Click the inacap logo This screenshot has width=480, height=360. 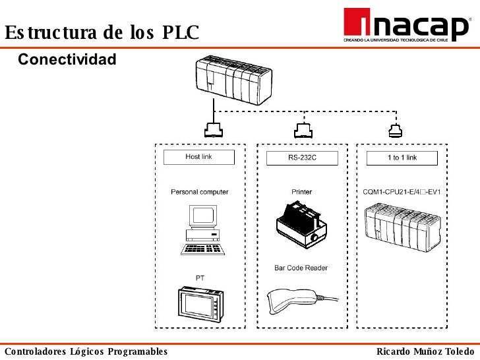point(406,26)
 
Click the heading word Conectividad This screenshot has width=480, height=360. point(67,60)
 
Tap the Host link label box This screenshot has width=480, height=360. point(198,157)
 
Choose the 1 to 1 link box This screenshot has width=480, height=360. point(402,158)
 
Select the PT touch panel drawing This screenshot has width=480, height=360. point(201,303)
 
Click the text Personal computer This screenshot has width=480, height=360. point(200,192)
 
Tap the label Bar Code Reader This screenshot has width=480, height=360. point(301,268)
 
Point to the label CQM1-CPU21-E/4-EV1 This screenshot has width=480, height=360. point(402,192)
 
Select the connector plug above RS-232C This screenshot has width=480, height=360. point(302,129)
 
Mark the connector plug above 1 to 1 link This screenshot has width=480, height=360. point(395,129)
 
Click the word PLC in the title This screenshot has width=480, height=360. point(181,32)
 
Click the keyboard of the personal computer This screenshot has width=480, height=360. point(203,249)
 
